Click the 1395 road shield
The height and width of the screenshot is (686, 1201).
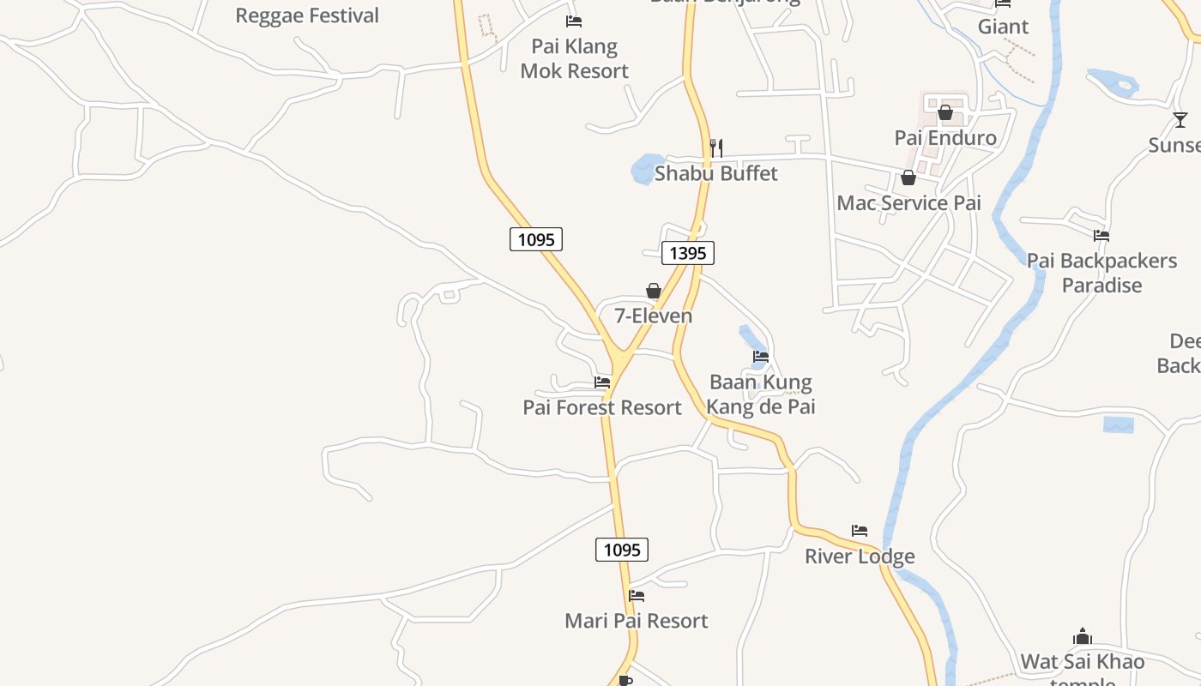tap(687, 253)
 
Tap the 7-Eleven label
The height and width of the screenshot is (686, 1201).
tap(653, 316)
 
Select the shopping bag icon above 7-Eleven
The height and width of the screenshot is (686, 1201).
tap(653, 292)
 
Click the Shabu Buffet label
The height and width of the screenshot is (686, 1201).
tap(715, 173)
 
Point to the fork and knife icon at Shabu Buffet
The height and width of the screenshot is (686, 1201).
tap(715, 148)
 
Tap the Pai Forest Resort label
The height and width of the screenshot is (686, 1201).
tap(602, 407)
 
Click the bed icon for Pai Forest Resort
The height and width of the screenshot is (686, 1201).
tap(602, 382)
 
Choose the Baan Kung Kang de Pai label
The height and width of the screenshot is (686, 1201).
tap(761, 394)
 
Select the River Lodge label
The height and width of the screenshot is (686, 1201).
tap(860, 557)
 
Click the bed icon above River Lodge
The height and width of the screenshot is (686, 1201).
tap(860, 531)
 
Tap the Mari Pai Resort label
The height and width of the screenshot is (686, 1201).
tap(637, 621)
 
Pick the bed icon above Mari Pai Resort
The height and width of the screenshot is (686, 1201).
tap(637, 595)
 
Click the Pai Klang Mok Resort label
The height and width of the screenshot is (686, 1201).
tap(575, 58)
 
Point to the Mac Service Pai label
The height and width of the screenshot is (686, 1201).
tap(908, 203)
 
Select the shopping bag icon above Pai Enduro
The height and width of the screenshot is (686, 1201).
tap(945, 112)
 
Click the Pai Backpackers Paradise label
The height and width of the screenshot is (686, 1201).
tap(1102, 273)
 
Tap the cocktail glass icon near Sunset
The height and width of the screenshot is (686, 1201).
tap(1180, 120)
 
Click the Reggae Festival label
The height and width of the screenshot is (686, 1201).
tap(307, 15)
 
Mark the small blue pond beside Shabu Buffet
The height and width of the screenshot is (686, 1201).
tap(646, 169)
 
